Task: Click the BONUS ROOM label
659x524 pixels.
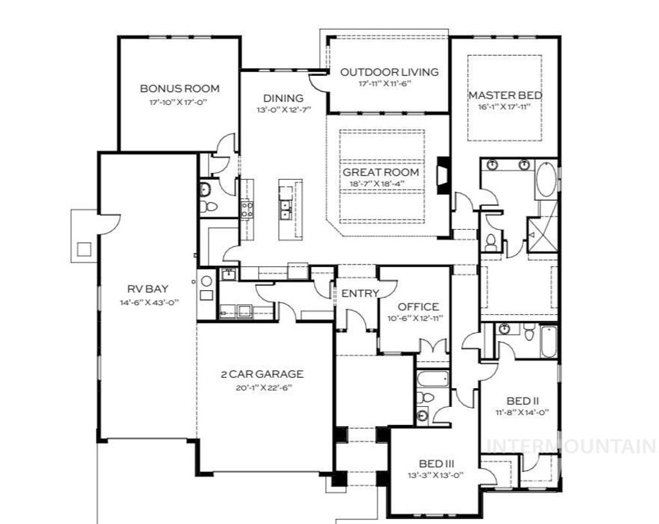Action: (x=180, y=89)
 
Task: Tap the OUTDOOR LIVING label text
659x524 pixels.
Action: (x=389, y=72)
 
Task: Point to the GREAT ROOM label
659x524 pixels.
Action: (x=380, y=173)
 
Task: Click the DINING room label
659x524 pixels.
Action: (x=283, y=98)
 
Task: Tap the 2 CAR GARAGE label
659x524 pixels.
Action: (x=261, y=374)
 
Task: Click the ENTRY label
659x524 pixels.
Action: (x=360, y=294)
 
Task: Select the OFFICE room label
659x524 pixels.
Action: (x=418, y=307)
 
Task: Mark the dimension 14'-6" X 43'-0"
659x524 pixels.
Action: (x=148, y=303)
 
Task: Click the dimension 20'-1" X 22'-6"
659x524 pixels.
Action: (x=261, y=388)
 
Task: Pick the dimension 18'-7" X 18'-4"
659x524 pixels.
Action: (x=380, y=184)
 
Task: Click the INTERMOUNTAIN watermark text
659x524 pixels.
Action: (x=571, y=445)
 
